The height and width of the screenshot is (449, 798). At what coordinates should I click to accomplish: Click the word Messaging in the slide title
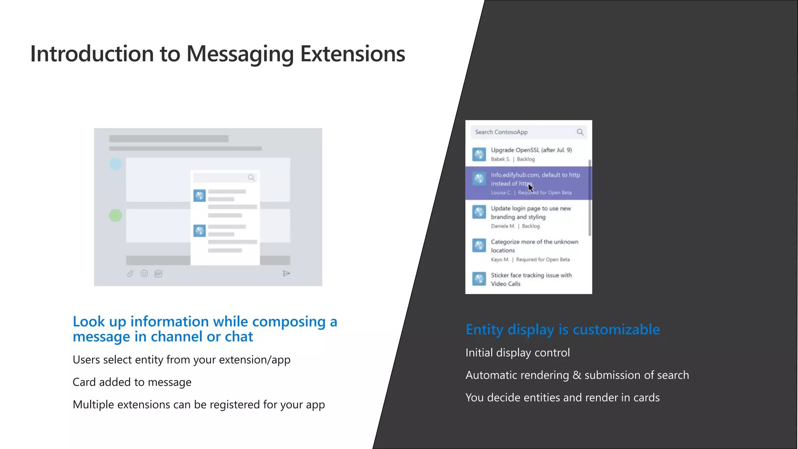click(240, 54)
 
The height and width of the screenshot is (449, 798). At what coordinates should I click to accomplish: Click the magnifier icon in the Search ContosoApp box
click(580, 132)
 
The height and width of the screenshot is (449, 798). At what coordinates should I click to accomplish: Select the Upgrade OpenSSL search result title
click(531, 150)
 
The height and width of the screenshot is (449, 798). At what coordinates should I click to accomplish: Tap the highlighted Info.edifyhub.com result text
click(535, 179)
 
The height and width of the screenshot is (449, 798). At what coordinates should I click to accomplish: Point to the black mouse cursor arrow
click(531, 188)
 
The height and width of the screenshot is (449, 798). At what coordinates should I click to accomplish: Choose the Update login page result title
click(531, 212)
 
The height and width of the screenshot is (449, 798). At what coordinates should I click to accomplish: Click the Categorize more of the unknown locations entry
click(534, 246)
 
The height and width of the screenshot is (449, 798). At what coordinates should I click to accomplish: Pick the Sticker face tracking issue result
click(531, 279)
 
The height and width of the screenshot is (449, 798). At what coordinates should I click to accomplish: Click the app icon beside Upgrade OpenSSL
click(479, 154)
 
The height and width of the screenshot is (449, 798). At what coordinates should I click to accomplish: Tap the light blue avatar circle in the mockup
click(115, 164)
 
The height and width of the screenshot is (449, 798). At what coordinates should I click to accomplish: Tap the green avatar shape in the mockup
click(115, 215)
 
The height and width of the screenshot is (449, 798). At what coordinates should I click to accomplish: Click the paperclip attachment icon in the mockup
click(130, 274)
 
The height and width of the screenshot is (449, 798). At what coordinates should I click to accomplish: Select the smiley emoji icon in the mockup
click(144, 274)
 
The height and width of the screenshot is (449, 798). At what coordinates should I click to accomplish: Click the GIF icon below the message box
click(158, 274)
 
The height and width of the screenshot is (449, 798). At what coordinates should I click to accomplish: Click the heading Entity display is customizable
click(563, 330)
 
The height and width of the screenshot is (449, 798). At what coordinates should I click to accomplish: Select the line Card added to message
click(132, 382)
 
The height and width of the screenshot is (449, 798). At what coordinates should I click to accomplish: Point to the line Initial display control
click(517, 353)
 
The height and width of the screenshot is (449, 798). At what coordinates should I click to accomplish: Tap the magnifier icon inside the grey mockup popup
click(251, 178)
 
